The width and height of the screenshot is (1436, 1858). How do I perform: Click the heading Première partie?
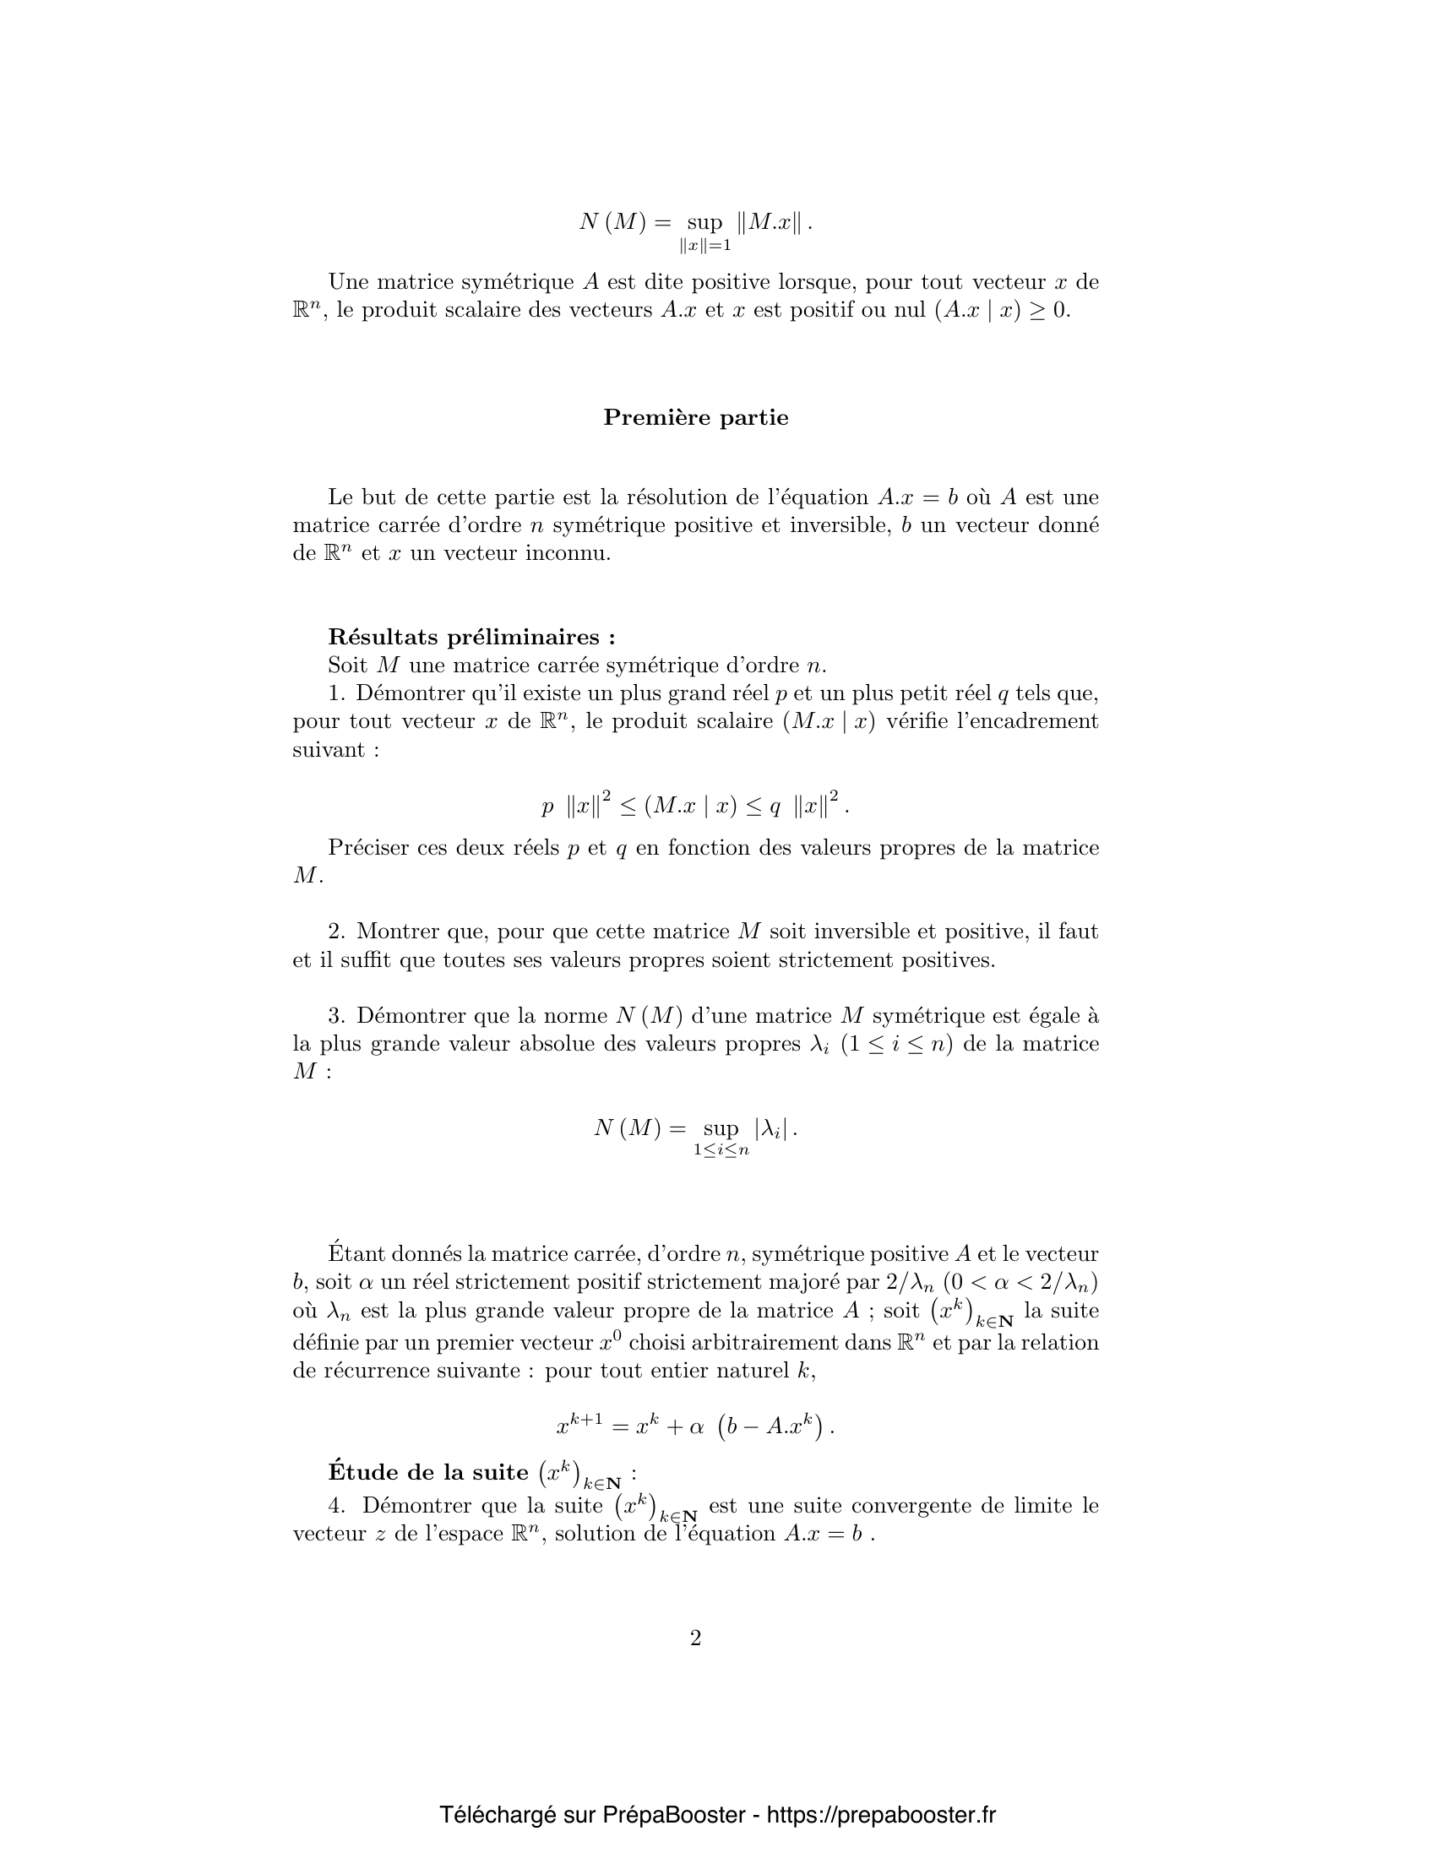point(695,418)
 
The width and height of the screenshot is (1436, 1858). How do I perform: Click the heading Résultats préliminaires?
point(471,637)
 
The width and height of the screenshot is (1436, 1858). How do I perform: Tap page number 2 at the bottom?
point(695,1638)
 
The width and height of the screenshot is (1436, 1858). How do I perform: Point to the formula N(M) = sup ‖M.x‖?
point(695,224)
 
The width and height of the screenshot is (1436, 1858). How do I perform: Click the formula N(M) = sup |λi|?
point(695,1130)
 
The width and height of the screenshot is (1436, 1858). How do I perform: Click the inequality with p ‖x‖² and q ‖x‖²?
point(695,805)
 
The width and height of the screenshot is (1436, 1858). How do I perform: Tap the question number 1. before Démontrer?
point(337,693)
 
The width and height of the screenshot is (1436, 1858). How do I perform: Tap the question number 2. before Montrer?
point(337,932)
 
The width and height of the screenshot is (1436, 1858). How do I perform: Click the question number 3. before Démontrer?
point(337,1016)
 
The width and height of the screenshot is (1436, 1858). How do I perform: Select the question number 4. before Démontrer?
point(337,1506)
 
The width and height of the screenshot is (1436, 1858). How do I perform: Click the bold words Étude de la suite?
point(428,1472)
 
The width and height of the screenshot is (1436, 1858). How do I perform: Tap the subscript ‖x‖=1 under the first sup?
point(705,246)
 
